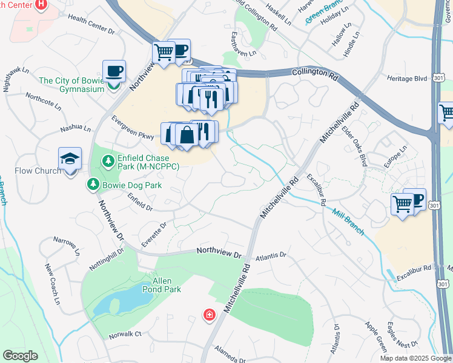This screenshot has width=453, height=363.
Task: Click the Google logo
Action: tap(21, 356)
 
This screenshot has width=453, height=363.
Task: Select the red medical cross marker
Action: tap(209, 315)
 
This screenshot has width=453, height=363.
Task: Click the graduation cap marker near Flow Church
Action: tap(70, 159)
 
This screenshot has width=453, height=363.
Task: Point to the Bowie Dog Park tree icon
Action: tap(94, 184)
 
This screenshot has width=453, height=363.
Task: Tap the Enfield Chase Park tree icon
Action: tap(108, 161)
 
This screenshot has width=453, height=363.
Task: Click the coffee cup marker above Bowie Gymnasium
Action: tap(114, 71)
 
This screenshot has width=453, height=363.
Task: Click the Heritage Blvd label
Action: tap(407, 79)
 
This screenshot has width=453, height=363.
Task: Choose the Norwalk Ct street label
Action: tap(125, 333)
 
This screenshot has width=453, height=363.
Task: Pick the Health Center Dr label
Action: tap(91, 25)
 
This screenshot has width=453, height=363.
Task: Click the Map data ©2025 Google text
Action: tap(415, 358)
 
